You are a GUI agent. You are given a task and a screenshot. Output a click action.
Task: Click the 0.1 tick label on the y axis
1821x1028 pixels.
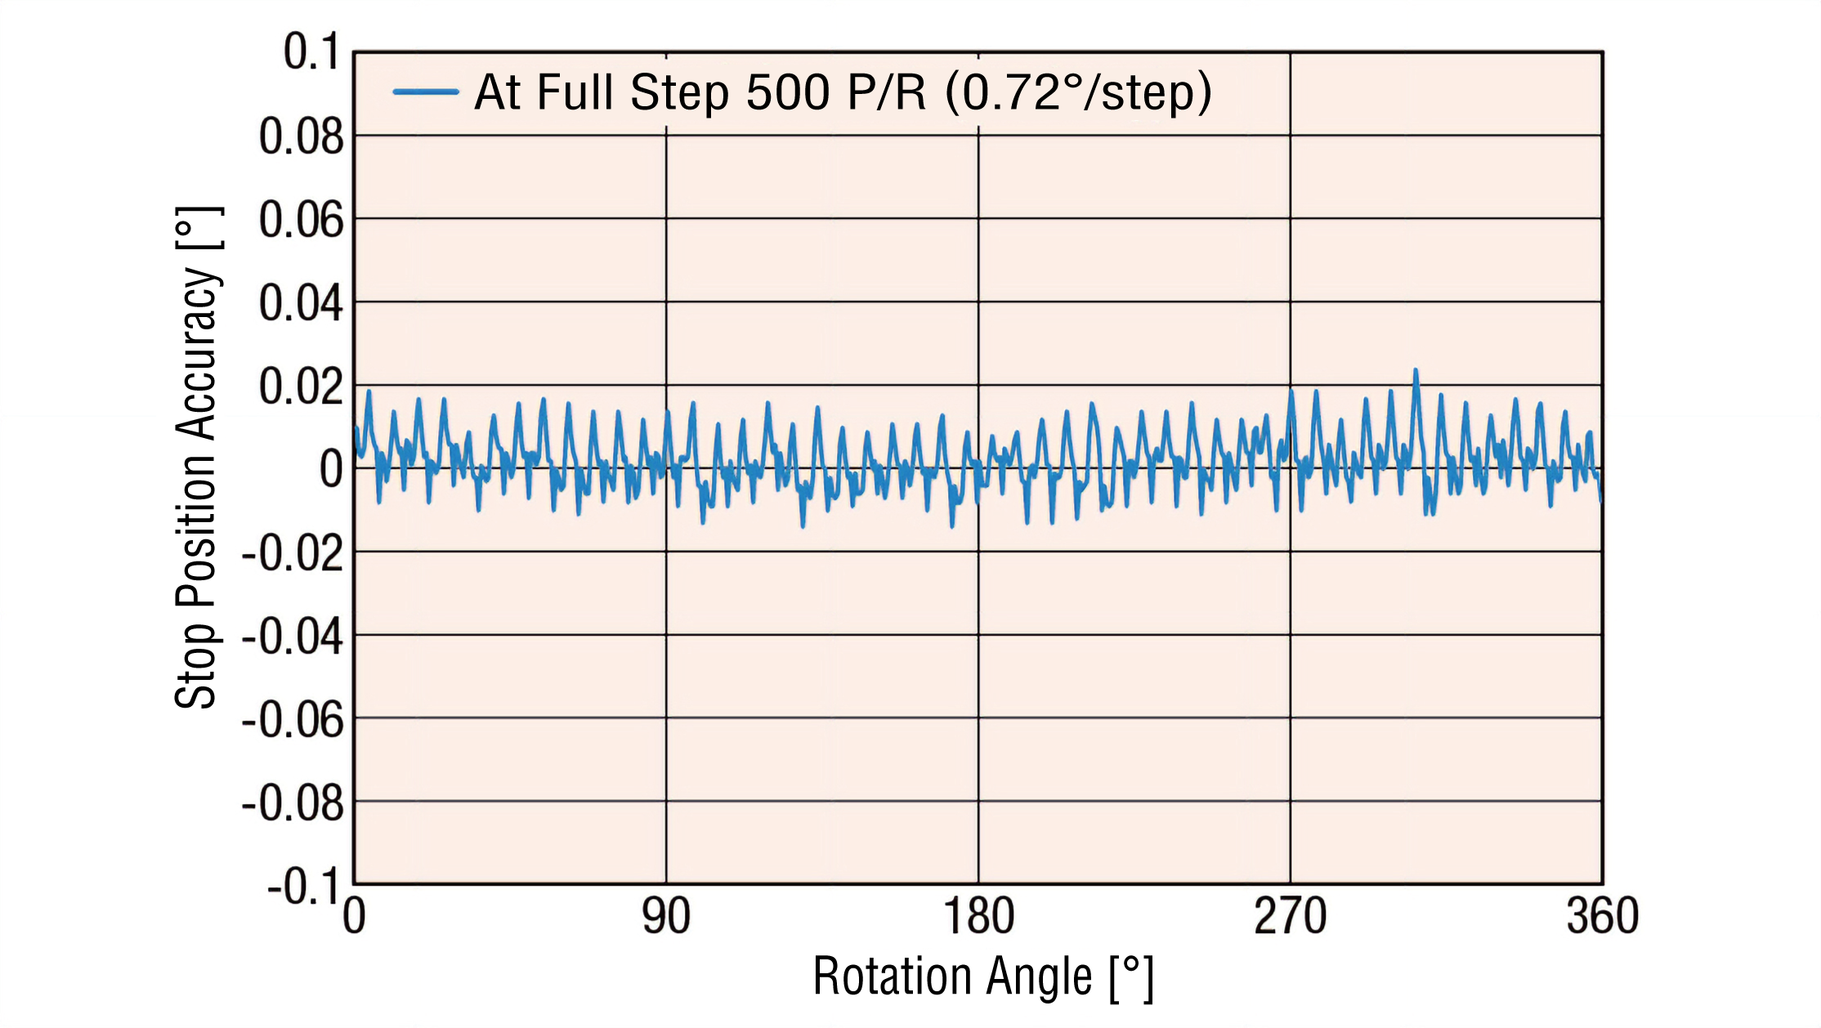(x=311, y=52)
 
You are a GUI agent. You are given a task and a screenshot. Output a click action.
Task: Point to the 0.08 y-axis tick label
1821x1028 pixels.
(x=301, y=136)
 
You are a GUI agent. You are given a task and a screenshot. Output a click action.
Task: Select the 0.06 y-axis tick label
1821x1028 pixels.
(x=301, y=220)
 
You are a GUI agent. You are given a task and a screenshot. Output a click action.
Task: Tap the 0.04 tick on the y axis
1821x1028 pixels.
(x=301, y=303)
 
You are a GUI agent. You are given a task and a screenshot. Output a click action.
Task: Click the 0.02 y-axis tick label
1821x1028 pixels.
(x=301, y=387)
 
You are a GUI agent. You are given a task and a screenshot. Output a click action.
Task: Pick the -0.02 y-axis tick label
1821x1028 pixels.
(x=293, y=554)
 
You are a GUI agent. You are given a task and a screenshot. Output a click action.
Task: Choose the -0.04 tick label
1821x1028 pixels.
(x=293, y=637)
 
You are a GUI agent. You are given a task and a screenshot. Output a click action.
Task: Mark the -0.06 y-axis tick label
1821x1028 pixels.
(x=293, y=721)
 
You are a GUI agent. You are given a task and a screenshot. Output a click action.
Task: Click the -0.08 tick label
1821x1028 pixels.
(x=293, y=804)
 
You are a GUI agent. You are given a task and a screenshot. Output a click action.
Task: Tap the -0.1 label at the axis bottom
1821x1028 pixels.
(x=302, y=887)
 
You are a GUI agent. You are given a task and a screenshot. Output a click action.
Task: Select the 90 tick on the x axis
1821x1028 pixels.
(x=666, y=916)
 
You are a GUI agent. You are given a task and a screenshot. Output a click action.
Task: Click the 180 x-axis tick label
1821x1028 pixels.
(x=978, y=916)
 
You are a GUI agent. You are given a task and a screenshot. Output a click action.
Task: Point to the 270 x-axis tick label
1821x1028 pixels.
(x=1291, y=916)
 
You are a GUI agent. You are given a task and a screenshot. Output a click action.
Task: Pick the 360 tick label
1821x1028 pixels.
(x=1603, y=916)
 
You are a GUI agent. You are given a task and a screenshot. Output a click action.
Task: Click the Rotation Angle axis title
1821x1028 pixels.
(x=982, y=977)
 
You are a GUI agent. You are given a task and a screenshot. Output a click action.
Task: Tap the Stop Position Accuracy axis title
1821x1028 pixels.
(x=197, y=458)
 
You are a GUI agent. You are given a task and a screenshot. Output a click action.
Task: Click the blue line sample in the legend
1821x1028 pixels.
(x=425, y=92)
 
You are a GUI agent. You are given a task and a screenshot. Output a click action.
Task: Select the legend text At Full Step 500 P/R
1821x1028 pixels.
(x=842, y=92)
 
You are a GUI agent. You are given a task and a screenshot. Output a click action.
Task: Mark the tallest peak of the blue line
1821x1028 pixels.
(x=1415, y=371)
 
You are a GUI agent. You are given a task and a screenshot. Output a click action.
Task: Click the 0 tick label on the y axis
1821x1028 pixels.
(x=331, y=470)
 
